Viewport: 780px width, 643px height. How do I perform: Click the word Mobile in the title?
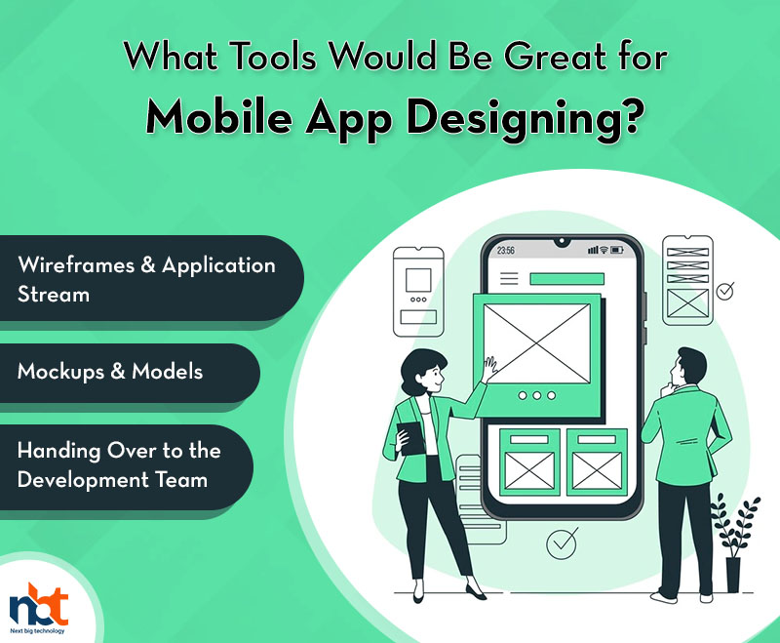coord(219,117)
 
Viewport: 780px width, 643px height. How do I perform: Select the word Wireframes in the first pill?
coord(76,264)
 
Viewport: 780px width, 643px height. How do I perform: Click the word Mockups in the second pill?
coord(60,372)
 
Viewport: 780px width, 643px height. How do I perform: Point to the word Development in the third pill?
coord(83,480)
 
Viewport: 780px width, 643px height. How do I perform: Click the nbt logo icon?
coord(39,605)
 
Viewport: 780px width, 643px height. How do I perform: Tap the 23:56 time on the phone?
coord(505,251)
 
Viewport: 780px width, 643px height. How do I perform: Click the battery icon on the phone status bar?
coord(617,250)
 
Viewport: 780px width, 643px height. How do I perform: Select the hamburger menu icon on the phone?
coord(509,278)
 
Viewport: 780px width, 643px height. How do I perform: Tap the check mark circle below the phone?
coord(563,543)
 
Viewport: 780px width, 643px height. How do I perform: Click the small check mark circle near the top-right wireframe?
coord(725,291)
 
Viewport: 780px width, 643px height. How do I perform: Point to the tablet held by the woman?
coord(410,438)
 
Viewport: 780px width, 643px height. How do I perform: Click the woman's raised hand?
coord(490,368)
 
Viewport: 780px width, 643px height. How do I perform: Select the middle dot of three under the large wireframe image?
coord(537,395)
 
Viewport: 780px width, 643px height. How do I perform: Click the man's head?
coord(688,366)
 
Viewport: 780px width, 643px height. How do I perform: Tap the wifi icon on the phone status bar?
coord(604,250)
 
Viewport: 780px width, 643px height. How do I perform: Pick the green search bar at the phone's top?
coord(566,279)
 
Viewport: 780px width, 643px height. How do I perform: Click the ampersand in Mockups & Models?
coord(118,372)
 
